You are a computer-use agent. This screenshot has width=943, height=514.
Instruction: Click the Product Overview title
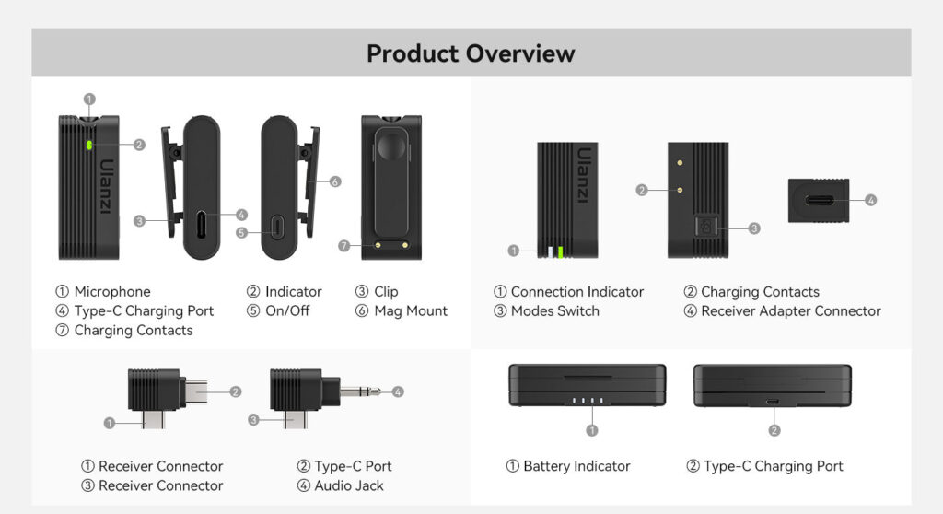471,53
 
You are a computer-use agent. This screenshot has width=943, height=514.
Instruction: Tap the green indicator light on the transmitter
89,145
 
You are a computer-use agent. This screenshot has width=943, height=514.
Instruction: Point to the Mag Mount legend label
410,311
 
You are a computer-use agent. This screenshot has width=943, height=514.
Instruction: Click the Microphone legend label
111,292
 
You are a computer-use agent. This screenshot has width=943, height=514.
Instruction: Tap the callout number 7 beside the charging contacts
343,246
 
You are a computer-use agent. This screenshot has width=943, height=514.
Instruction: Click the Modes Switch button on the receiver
705,227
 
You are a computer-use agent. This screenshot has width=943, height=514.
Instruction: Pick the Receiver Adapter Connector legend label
790,311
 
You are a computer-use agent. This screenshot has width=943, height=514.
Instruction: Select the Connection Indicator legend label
576,292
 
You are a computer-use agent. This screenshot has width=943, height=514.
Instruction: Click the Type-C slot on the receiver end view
818,200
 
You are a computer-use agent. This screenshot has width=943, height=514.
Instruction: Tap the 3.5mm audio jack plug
360,391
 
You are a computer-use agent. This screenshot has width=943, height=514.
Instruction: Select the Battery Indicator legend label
576,466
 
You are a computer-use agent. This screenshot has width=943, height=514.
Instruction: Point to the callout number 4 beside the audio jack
398,391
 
